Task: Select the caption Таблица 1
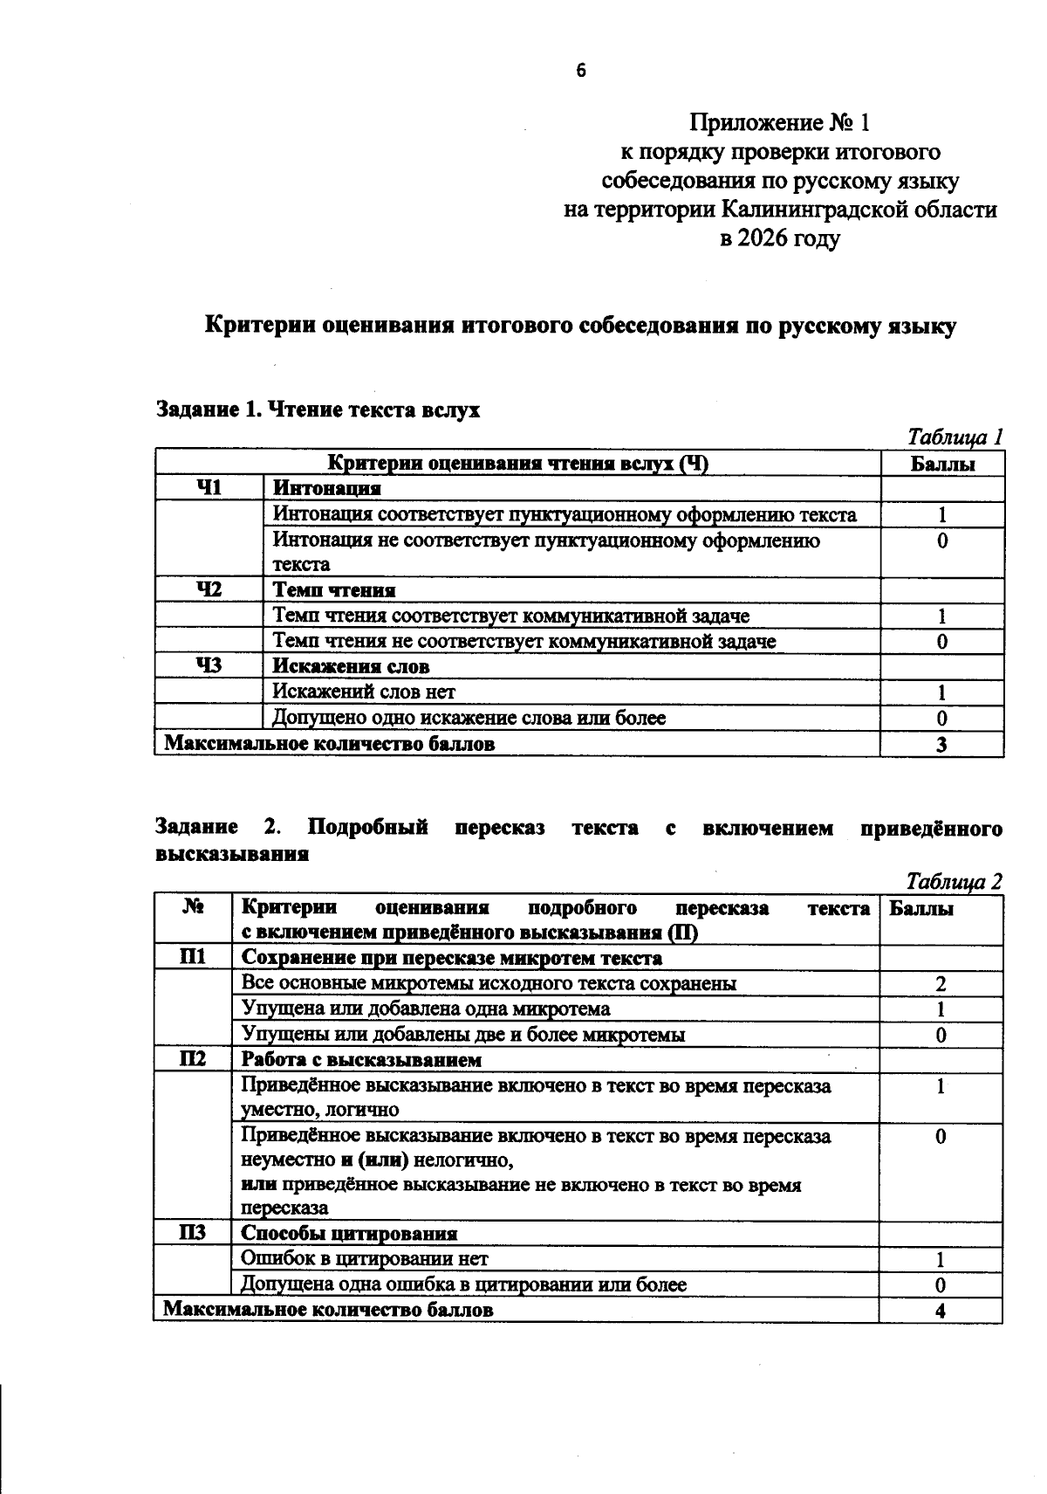point(955,436)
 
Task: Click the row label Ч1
point(209,488)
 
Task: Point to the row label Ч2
point(209,590)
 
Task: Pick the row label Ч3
point(209,666)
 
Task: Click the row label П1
point(192,957)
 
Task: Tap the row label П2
point(192,1059)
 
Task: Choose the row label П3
point(192,1233)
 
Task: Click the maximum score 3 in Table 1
point(942,744)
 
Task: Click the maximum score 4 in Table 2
point(941,1310)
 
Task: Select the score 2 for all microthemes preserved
point(941,984)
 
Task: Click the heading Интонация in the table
point(326,488)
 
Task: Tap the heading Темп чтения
point(334,590)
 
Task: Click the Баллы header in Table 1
point(942,464)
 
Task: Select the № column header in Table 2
point(192,908)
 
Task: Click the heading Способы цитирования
point(349,1233)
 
